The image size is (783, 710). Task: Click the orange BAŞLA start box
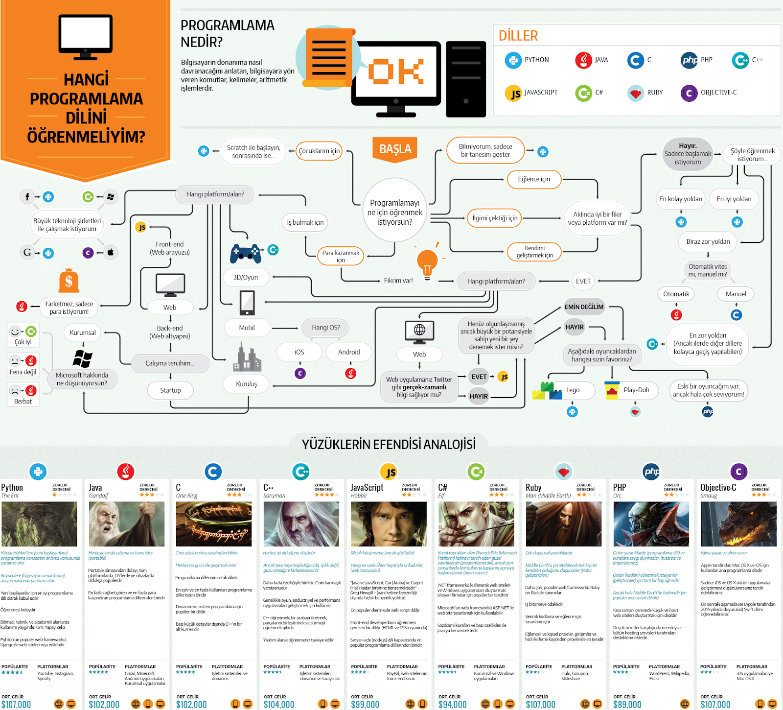coord(395,149)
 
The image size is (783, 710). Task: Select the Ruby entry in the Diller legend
coord(645,93)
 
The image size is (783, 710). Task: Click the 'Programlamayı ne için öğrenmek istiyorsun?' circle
coord(394,212)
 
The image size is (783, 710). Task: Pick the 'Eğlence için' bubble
coord(533,179)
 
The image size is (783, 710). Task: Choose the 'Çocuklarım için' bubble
coord(319,151)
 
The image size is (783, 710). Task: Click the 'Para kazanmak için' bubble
coord(341,256)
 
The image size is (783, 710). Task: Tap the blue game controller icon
coord(245,253)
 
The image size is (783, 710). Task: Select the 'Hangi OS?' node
coord(326,328)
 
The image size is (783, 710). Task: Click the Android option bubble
coord(349,352)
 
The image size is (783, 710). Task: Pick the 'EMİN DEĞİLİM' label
coord(584,307)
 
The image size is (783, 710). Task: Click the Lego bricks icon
coord(547,391)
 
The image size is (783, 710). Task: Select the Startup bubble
coord(170,390)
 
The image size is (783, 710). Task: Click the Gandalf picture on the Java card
coord(126,524)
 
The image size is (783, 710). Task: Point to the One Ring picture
coord(214,524)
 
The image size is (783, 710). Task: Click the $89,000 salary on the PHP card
coord(627,704)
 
